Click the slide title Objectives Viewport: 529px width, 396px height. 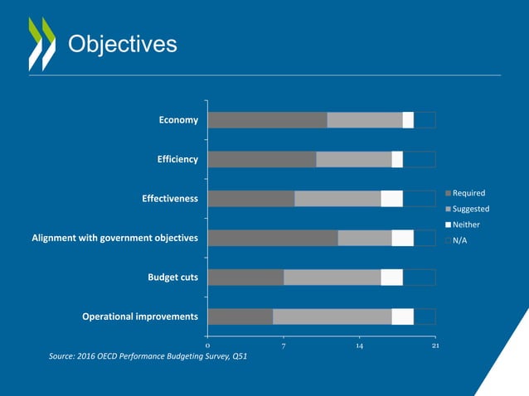121,44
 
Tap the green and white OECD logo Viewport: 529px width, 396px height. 41,43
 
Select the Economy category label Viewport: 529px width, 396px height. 178,120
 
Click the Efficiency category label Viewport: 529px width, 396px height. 177,159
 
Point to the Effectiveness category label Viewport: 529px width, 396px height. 170,199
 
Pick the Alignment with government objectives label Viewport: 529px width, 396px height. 115,238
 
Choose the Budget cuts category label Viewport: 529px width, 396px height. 172,278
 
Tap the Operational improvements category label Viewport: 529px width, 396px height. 140,316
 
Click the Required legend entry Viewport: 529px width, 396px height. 468,193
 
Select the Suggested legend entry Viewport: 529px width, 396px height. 470,209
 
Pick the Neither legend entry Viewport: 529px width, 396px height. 466,225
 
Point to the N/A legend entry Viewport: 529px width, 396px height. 461,240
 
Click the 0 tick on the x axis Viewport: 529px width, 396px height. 207,345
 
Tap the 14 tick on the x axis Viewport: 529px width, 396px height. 360,345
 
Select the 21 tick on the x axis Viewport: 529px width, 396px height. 435,345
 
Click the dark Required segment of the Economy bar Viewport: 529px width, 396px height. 267,120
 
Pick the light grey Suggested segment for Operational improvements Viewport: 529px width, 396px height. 332,316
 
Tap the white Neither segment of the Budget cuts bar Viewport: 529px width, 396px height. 391,278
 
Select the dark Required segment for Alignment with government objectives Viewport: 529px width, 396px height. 272,238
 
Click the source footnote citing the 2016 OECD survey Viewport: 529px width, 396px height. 148,356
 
